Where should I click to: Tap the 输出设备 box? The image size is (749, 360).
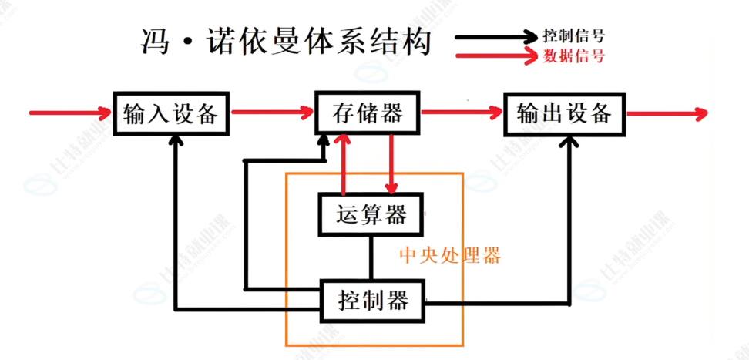click(564, 113)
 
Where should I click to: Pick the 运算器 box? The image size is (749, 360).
click(371, 214)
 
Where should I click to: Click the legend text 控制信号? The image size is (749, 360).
click(573, 35)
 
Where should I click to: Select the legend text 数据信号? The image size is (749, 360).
click(573, 56)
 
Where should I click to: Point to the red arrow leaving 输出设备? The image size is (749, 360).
click(667, 114)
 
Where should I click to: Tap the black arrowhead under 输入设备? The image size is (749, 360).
click(176, 141)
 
